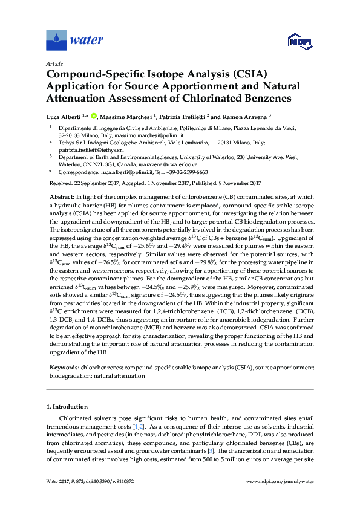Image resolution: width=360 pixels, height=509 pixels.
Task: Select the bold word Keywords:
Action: click(x=64, y=367)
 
